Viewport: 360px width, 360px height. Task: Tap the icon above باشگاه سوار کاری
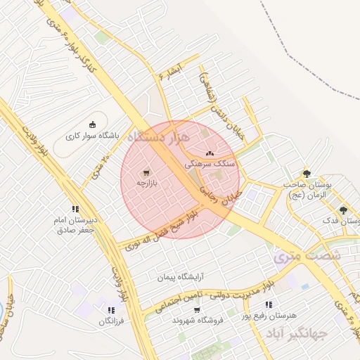pyautogui.click(x=92, y=122)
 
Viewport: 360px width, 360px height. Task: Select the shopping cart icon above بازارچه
pyautogui.click(x=146, y=172)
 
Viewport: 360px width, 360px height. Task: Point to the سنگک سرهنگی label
pyautogui.click(x=210, y=162)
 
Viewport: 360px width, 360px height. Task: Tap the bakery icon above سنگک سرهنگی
pyautogui.click(x=209, y=153)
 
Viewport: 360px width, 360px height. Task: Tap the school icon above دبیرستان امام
pyautogui.click(x=75, y=209)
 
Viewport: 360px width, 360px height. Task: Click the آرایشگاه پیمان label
pyautogui.click(x=165, y=278)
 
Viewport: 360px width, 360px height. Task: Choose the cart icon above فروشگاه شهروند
pyautogui.click(x=197, y=309)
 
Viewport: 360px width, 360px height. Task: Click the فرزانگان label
pyautogui.click(x=112, y=321)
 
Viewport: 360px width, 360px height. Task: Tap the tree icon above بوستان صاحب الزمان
pyautogui.click(x=306, y=173)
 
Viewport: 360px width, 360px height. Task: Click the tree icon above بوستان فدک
pyautogui.click(x=343, y=210)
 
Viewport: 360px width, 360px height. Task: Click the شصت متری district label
pyautogui.click(x=307, y=256)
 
